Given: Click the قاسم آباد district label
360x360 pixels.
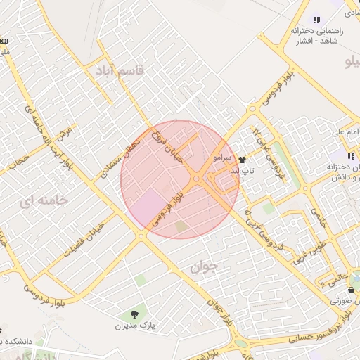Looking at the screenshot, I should (x=121, y=70).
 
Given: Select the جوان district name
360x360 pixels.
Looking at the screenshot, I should (x=205, y=266).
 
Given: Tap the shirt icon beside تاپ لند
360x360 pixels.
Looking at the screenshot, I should (x=243, y=160).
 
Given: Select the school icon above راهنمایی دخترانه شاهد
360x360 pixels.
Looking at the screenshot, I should (x=316, y=20).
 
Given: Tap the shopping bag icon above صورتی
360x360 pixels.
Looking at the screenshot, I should (x=351, y=290).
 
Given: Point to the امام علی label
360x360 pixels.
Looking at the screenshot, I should (x=346, y=132).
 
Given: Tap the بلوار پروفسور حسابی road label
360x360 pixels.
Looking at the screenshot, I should (x=309, y=340).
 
